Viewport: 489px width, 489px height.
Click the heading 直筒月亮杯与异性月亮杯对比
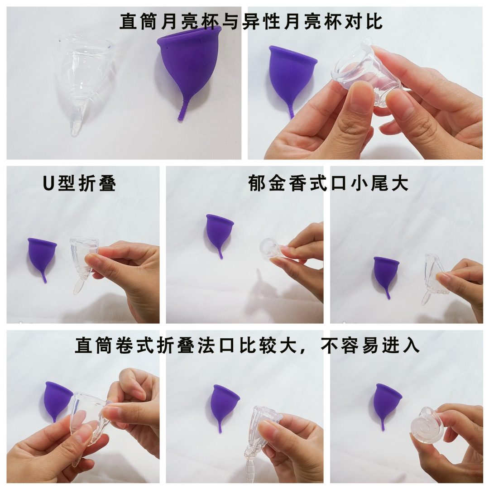(251, 21)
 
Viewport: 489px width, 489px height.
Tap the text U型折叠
(79, 183)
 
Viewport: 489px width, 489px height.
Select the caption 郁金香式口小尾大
(329, 183)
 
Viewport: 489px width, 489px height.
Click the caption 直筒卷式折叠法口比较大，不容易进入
(247, 346)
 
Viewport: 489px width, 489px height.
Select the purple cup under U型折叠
(42, 256)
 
